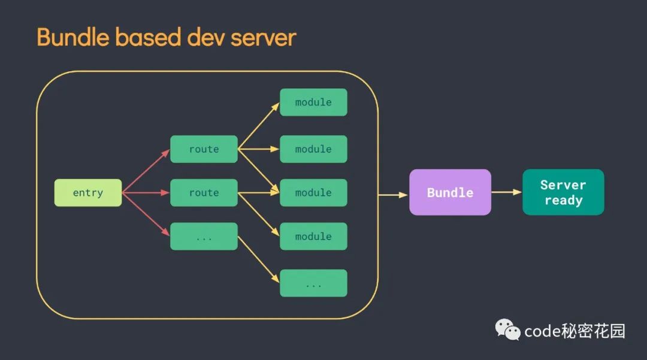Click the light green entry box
[x=88, y=193]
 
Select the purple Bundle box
[x=450, y=192]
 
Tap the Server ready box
[x=563, y=192]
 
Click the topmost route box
[x=204, y=149]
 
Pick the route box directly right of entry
[x=204, y=193]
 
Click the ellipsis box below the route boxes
[x=204, y=237]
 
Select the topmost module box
[x=313, y=102]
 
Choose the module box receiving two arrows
[x=313, y=193]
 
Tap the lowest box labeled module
[x=313, y=237]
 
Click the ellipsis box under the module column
[x=313, y=283]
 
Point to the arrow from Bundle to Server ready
[x=507, y=192]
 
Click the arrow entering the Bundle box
[x=394, y=195]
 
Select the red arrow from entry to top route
[x=146, y=171]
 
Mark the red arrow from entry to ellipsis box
[x=146, y=215]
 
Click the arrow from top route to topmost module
[x=259, y=126]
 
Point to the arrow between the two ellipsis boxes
[x=259, y=260]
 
